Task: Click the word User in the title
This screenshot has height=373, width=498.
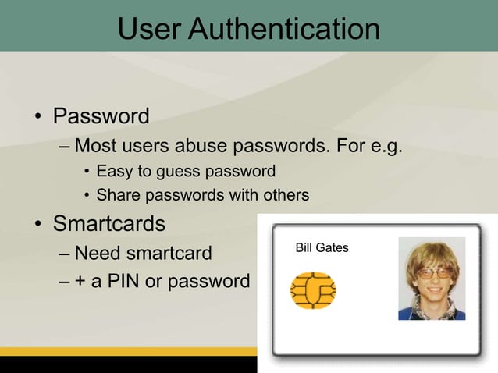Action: (x=151, y=30)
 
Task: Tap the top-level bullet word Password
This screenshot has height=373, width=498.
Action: (x=101, y=117)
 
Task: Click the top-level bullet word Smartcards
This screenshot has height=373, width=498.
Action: (x=108, y=225)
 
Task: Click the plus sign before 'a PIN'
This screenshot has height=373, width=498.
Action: (x=80, y=281)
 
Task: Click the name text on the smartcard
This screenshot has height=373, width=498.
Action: (x=322, y=248)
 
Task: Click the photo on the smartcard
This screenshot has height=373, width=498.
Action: (x=432, y=279)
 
